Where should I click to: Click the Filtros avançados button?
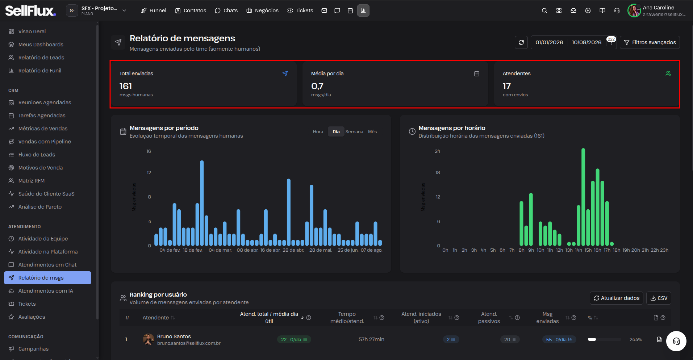[650, 42]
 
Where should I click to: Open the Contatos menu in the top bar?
[191, 11]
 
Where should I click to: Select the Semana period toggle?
[354, 132]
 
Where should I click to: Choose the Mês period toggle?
[372, 132]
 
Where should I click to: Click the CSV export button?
[659, 298]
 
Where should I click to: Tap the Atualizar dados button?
[616, 298]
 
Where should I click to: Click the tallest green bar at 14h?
[583, 197]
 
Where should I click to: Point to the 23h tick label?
[664, 250]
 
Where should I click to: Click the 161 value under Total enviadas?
[126, 86]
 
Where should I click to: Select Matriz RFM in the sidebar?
[32, 181]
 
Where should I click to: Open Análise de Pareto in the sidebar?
[40, 207]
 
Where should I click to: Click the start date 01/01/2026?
[549, 42]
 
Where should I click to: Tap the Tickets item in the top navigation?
[300, 11]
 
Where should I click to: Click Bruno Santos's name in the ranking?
[174, 336]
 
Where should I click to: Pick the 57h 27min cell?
[371, 339]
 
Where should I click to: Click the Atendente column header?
[156, 318]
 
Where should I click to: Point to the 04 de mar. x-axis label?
[220, 250]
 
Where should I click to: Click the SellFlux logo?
[30, 11]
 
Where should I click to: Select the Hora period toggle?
[318, 132]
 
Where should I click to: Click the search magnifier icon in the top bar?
[544, 11]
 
